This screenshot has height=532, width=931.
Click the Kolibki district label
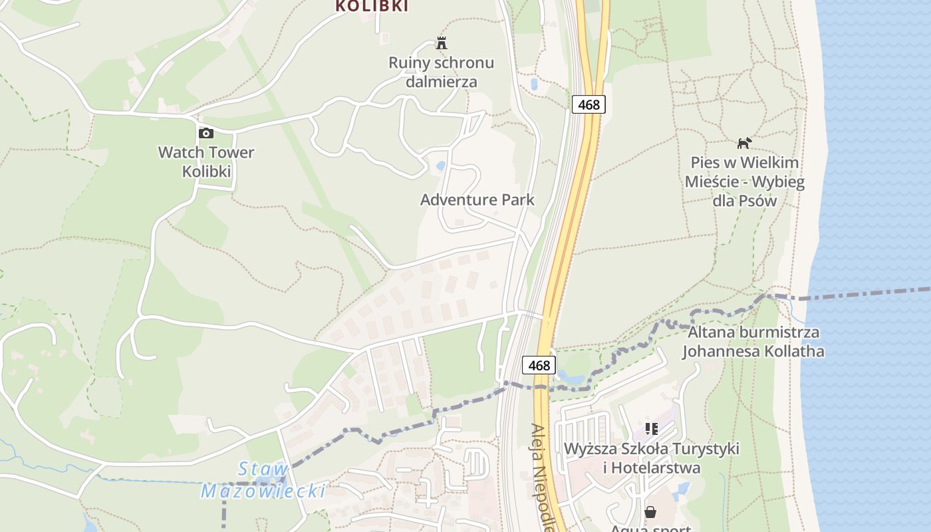pyautogui.click(x=371, y=7)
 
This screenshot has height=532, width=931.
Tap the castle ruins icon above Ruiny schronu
pyautogui.click(x=441, y=44)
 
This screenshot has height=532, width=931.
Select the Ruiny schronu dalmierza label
pyautogui.click(x=442, y=72)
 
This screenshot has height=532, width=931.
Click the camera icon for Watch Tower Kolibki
pyautogui.click(x=206, y=133)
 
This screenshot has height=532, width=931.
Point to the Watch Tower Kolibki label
pyautogui.click(x=206, y=162)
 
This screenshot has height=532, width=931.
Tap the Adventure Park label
pyautogui.click(x=477, y=199)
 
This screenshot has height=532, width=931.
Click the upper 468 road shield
pyautogui.click(x=589, y=104)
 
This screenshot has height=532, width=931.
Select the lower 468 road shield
pyautogui.click(x=539, y=365)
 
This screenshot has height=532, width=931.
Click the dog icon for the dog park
pyautogui.click(x=744, y=143)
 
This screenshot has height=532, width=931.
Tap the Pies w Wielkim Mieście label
pyautogui.click(x=744, y=182)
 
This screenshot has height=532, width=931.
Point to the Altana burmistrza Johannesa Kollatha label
pyautogui.click(x=753, y=342)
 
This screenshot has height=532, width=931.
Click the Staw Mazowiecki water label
pyautogui.click(x=263, y=480)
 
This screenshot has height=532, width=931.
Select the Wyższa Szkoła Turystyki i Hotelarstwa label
pyautogui.click(x=651, y=458)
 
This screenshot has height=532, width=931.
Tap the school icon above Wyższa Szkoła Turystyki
pyautogui.click(x=651, y=429)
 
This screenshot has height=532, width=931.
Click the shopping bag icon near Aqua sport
pyautogui.click(x=650, y=512)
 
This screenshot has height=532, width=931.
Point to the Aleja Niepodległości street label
pyautogui.click(x=543, y=479)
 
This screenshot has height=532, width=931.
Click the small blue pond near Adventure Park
pyautogui.click(x=440, y=165)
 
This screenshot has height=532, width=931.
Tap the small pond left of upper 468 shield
pyautogui.click(x=534, y=84)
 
